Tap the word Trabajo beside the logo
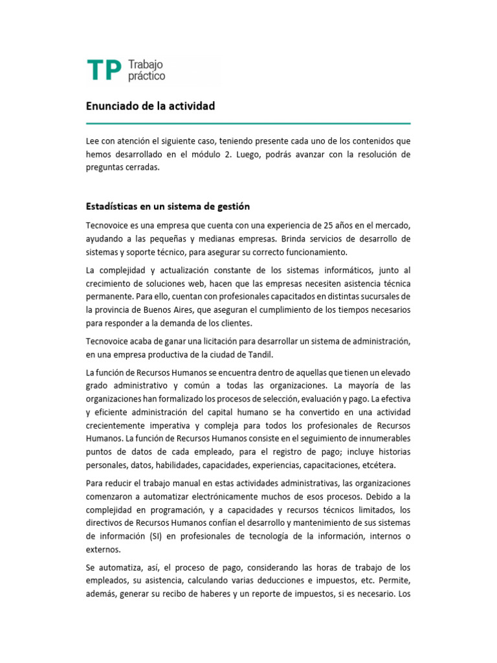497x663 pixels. pos(146,65)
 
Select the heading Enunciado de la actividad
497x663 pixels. pos(150,106)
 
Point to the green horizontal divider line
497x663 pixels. pos(248,123)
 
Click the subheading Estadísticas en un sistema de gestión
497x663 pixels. pos(168,207)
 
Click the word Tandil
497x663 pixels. pos(280,354)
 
